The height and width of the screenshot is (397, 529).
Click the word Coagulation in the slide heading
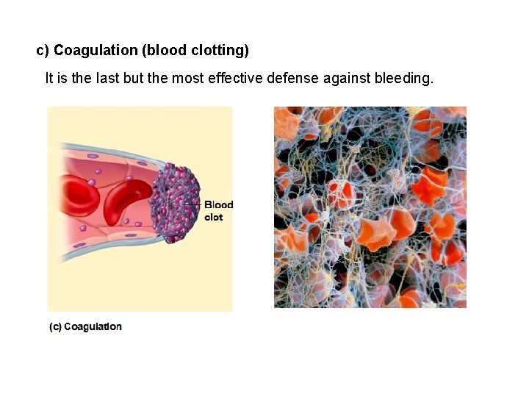click(96, 51)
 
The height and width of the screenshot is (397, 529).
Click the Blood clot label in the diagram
click(218, 211)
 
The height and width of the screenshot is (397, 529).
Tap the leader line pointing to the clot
click(192, 204)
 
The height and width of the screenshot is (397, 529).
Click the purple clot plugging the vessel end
click(173, 203)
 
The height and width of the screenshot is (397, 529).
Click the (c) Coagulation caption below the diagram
click(85, 326)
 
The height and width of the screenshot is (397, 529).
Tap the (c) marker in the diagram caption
click(55, 326)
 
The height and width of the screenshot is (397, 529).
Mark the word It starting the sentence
click(49, 77)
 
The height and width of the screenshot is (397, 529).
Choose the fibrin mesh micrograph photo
click(370, 207)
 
